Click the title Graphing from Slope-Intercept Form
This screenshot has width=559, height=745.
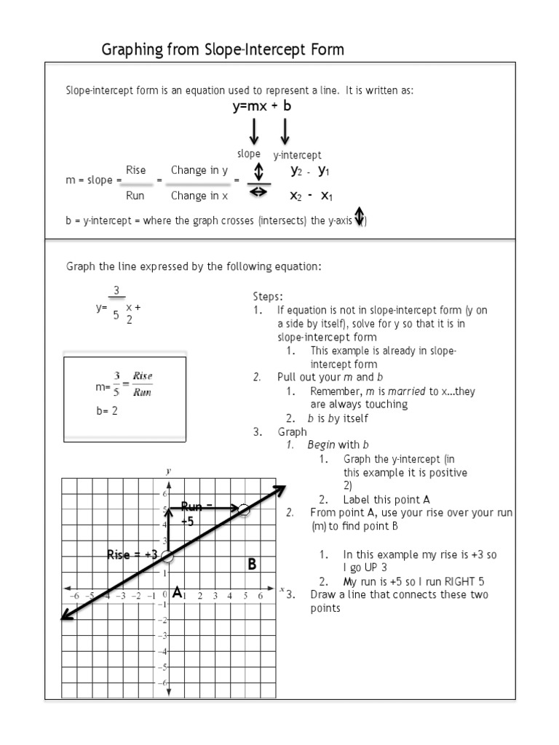point(223,49)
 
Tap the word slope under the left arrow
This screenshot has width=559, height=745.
point(248,154)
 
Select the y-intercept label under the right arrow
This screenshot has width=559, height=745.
point(297,155)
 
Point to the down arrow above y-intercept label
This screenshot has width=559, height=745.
point(285,132)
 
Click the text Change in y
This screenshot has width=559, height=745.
point(199,170)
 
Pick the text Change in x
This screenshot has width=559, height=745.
point(199,196)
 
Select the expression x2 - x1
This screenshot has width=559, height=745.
point(311,196)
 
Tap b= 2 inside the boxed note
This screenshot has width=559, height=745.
point(106,410)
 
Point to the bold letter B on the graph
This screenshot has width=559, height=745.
point(252,564)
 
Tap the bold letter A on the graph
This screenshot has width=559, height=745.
point(176,594)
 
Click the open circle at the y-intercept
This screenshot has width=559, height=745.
point(168,557)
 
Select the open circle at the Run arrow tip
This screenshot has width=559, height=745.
point(245,511)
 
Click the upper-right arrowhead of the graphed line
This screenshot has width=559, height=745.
point(280,490)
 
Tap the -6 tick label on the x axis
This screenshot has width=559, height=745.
point(74,595)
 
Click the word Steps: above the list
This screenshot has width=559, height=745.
point(268,297)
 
